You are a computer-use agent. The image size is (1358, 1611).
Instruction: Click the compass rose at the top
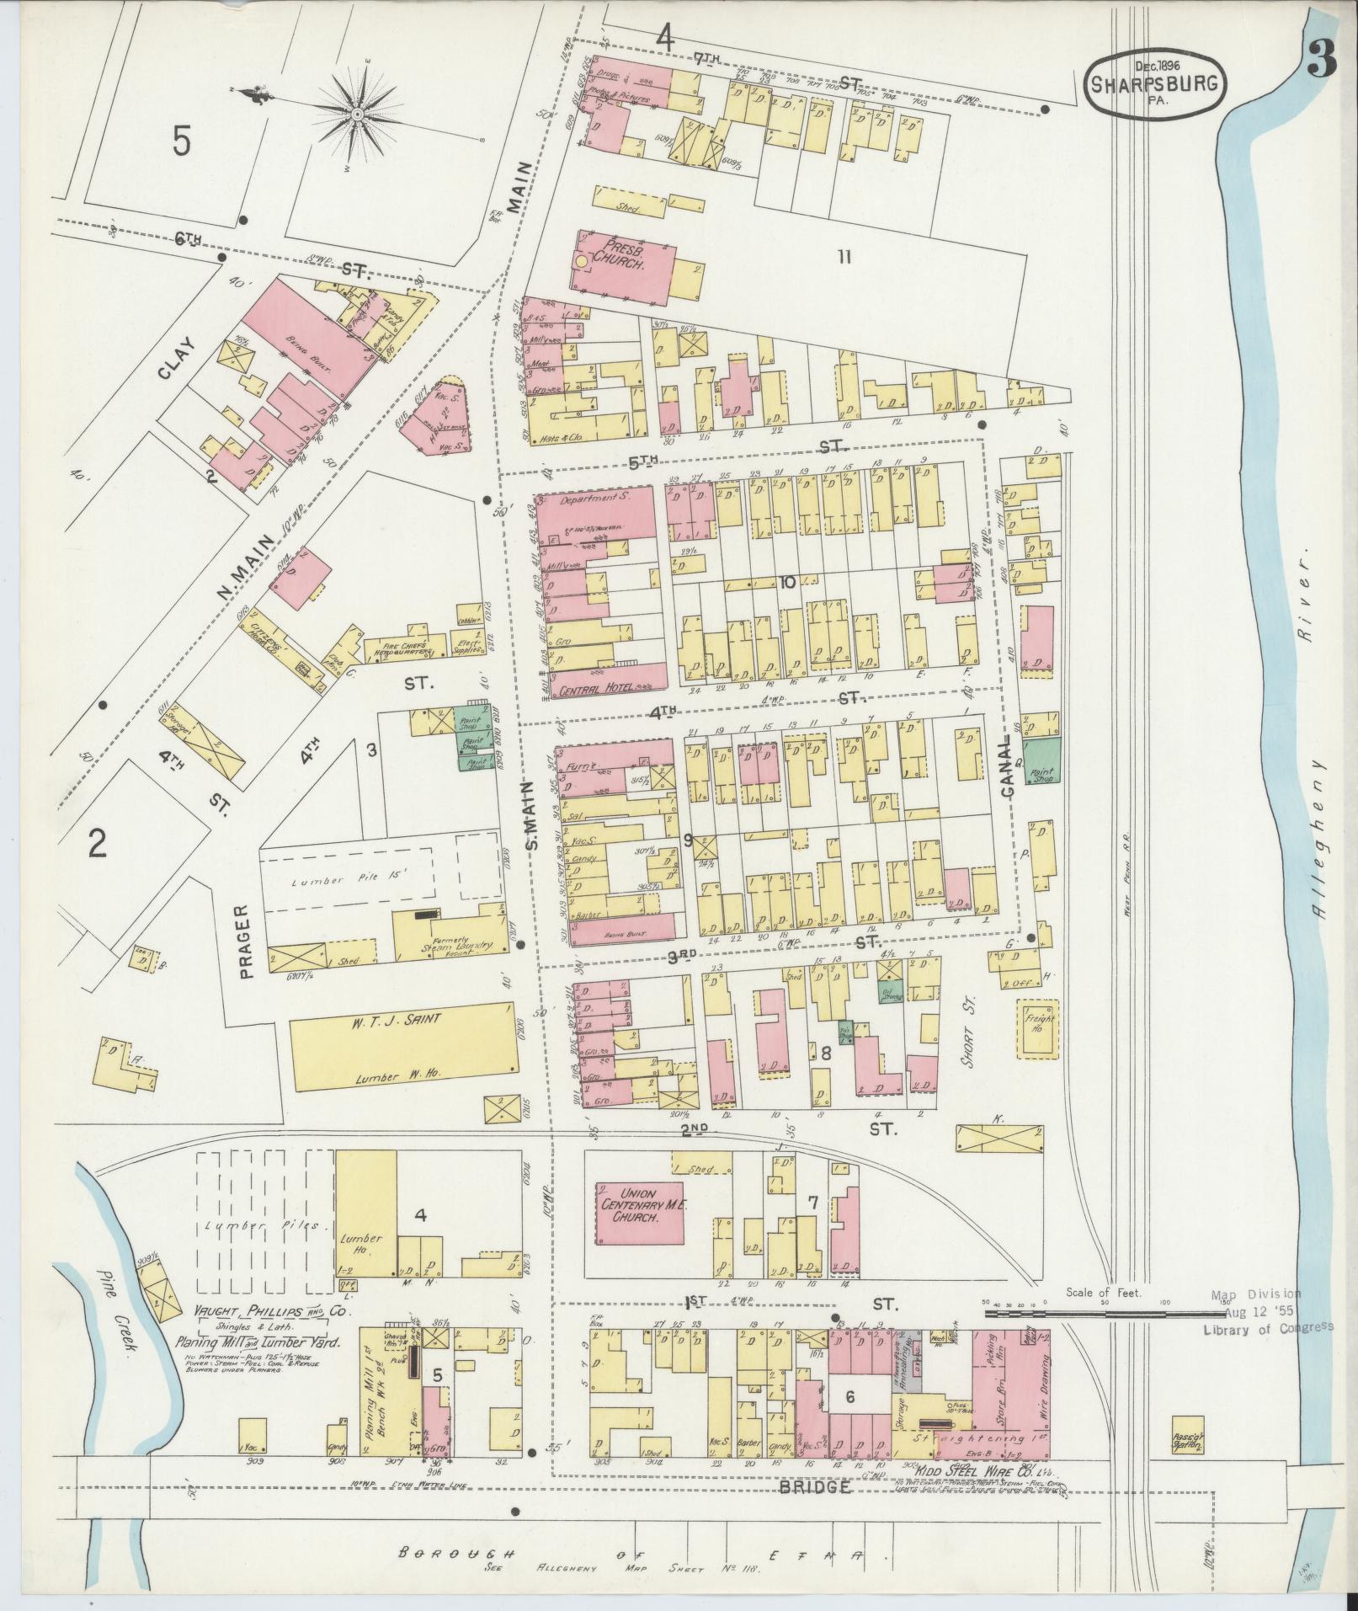(357, 112)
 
